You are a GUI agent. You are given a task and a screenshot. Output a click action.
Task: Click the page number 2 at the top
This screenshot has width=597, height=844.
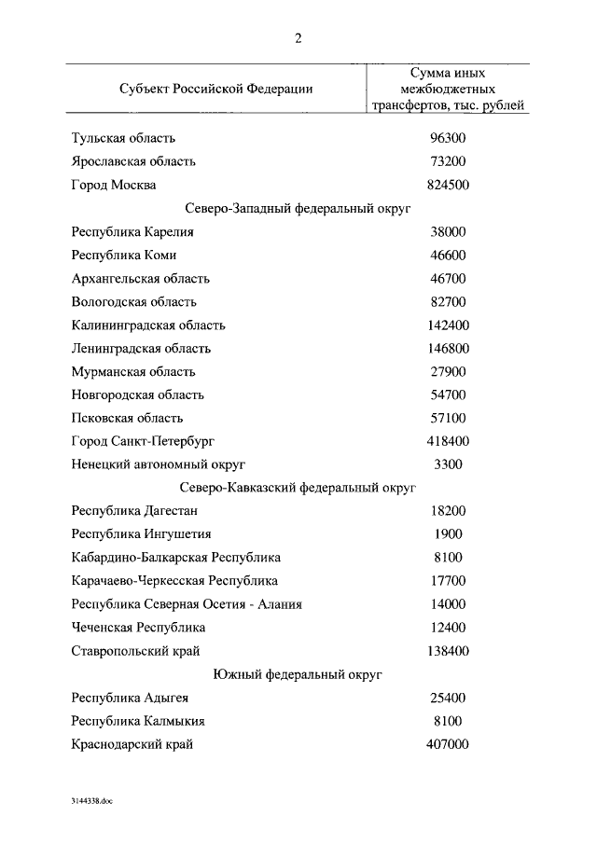(298, 38)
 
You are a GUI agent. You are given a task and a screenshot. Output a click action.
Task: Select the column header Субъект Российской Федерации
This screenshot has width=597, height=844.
(215, 89)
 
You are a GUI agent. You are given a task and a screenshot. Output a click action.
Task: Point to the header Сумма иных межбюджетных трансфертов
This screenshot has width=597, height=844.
(448, 89)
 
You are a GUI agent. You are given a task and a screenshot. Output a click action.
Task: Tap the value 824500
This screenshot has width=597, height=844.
(448, 185)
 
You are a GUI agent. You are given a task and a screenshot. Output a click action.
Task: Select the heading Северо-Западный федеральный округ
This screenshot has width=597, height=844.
(298, 209)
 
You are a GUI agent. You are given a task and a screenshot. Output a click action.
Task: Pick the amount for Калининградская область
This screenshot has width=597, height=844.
(448, 325)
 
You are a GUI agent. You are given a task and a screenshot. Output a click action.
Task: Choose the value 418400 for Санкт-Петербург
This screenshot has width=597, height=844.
(448, 441)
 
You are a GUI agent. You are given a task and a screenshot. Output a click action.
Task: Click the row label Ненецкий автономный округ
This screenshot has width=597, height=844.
(158, 464)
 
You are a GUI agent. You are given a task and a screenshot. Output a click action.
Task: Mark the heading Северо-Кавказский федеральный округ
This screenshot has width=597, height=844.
(298, 487)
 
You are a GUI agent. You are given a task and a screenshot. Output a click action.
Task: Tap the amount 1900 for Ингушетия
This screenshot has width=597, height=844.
(448, 534)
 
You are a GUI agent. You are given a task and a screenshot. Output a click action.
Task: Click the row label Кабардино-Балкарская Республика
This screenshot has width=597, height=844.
(175, 558)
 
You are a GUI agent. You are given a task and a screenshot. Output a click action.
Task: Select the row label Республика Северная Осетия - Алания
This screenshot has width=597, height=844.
(187, 603)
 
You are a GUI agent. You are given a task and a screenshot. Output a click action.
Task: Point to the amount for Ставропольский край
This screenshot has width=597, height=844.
(448, 650)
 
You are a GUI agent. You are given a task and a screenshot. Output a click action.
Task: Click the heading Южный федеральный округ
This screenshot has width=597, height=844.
(298, 673)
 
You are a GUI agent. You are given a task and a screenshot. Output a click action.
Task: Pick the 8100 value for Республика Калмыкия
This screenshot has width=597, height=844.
(448, 721)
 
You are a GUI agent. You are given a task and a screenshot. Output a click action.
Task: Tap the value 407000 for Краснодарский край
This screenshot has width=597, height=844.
(448, 744)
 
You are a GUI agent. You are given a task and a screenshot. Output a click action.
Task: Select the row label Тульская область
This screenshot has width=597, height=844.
(123, 138)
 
